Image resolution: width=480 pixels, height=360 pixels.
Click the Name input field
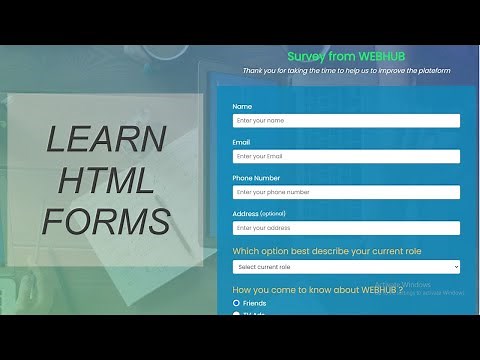(346, 121)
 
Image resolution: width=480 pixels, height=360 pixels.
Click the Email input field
(346, 157)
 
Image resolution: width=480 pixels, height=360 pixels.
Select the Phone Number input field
(346, 192)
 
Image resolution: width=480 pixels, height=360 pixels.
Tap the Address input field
(346, 228)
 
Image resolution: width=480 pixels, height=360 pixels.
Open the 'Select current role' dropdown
(346, 267)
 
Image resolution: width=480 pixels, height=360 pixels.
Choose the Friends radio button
(236, 303)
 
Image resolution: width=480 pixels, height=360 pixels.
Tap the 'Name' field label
(242, 106)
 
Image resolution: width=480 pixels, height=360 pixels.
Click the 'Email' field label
(242, 142)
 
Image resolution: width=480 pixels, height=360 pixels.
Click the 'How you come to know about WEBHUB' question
(316, 290)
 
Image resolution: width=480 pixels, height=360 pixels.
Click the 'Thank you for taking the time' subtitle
(345, 71)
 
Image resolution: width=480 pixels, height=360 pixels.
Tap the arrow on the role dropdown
(455, 267)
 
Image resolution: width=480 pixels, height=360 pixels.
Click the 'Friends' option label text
(255, 303)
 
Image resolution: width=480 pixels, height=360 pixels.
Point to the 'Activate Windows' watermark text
(405, 284)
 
